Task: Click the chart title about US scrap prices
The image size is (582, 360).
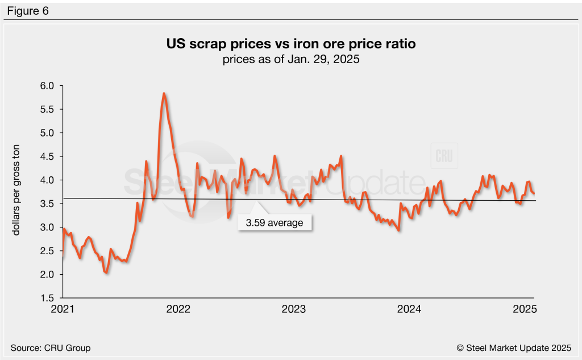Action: click(290, 44)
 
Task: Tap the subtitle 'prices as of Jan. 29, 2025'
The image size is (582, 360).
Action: click(290, 59)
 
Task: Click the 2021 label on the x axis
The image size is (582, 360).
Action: click(63, 309)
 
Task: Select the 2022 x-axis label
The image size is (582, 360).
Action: click(178, 309)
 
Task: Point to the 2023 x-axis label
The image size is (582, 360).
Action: click(294, 309)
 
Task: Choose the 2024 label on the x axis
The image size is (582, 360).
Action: click(409, 309)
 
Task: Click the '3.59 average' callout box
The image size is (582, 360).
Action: click(275, 223)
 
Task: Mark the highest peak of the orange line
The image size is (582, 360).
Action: click(164, 93)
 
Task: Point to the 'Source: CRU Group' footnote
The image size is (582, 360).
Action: click(51, 347)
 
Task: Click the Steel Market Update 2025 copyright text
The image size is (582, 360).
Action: click(513, 347)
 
